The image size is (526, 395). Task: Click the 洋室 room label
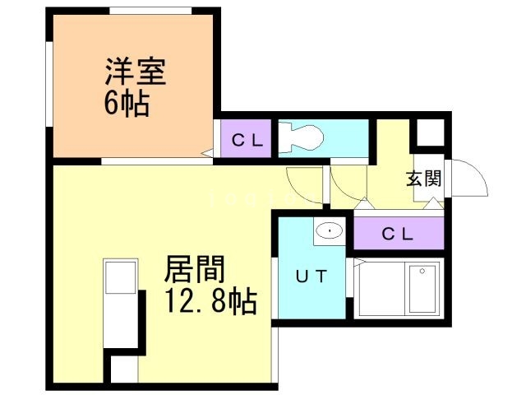(x=136, y=72)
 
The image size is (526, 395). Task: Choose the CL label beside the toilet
(x=246, y=139)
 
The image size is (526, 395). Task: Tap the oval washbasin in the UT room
(x=329, y=230)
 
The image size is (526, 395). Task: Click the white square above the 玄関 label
(x=427, y=134)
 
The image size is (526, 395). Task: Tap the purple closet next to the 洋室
(x=246, y=139)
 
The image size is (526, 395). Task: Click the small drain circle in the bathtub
(x=422, y=270)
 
